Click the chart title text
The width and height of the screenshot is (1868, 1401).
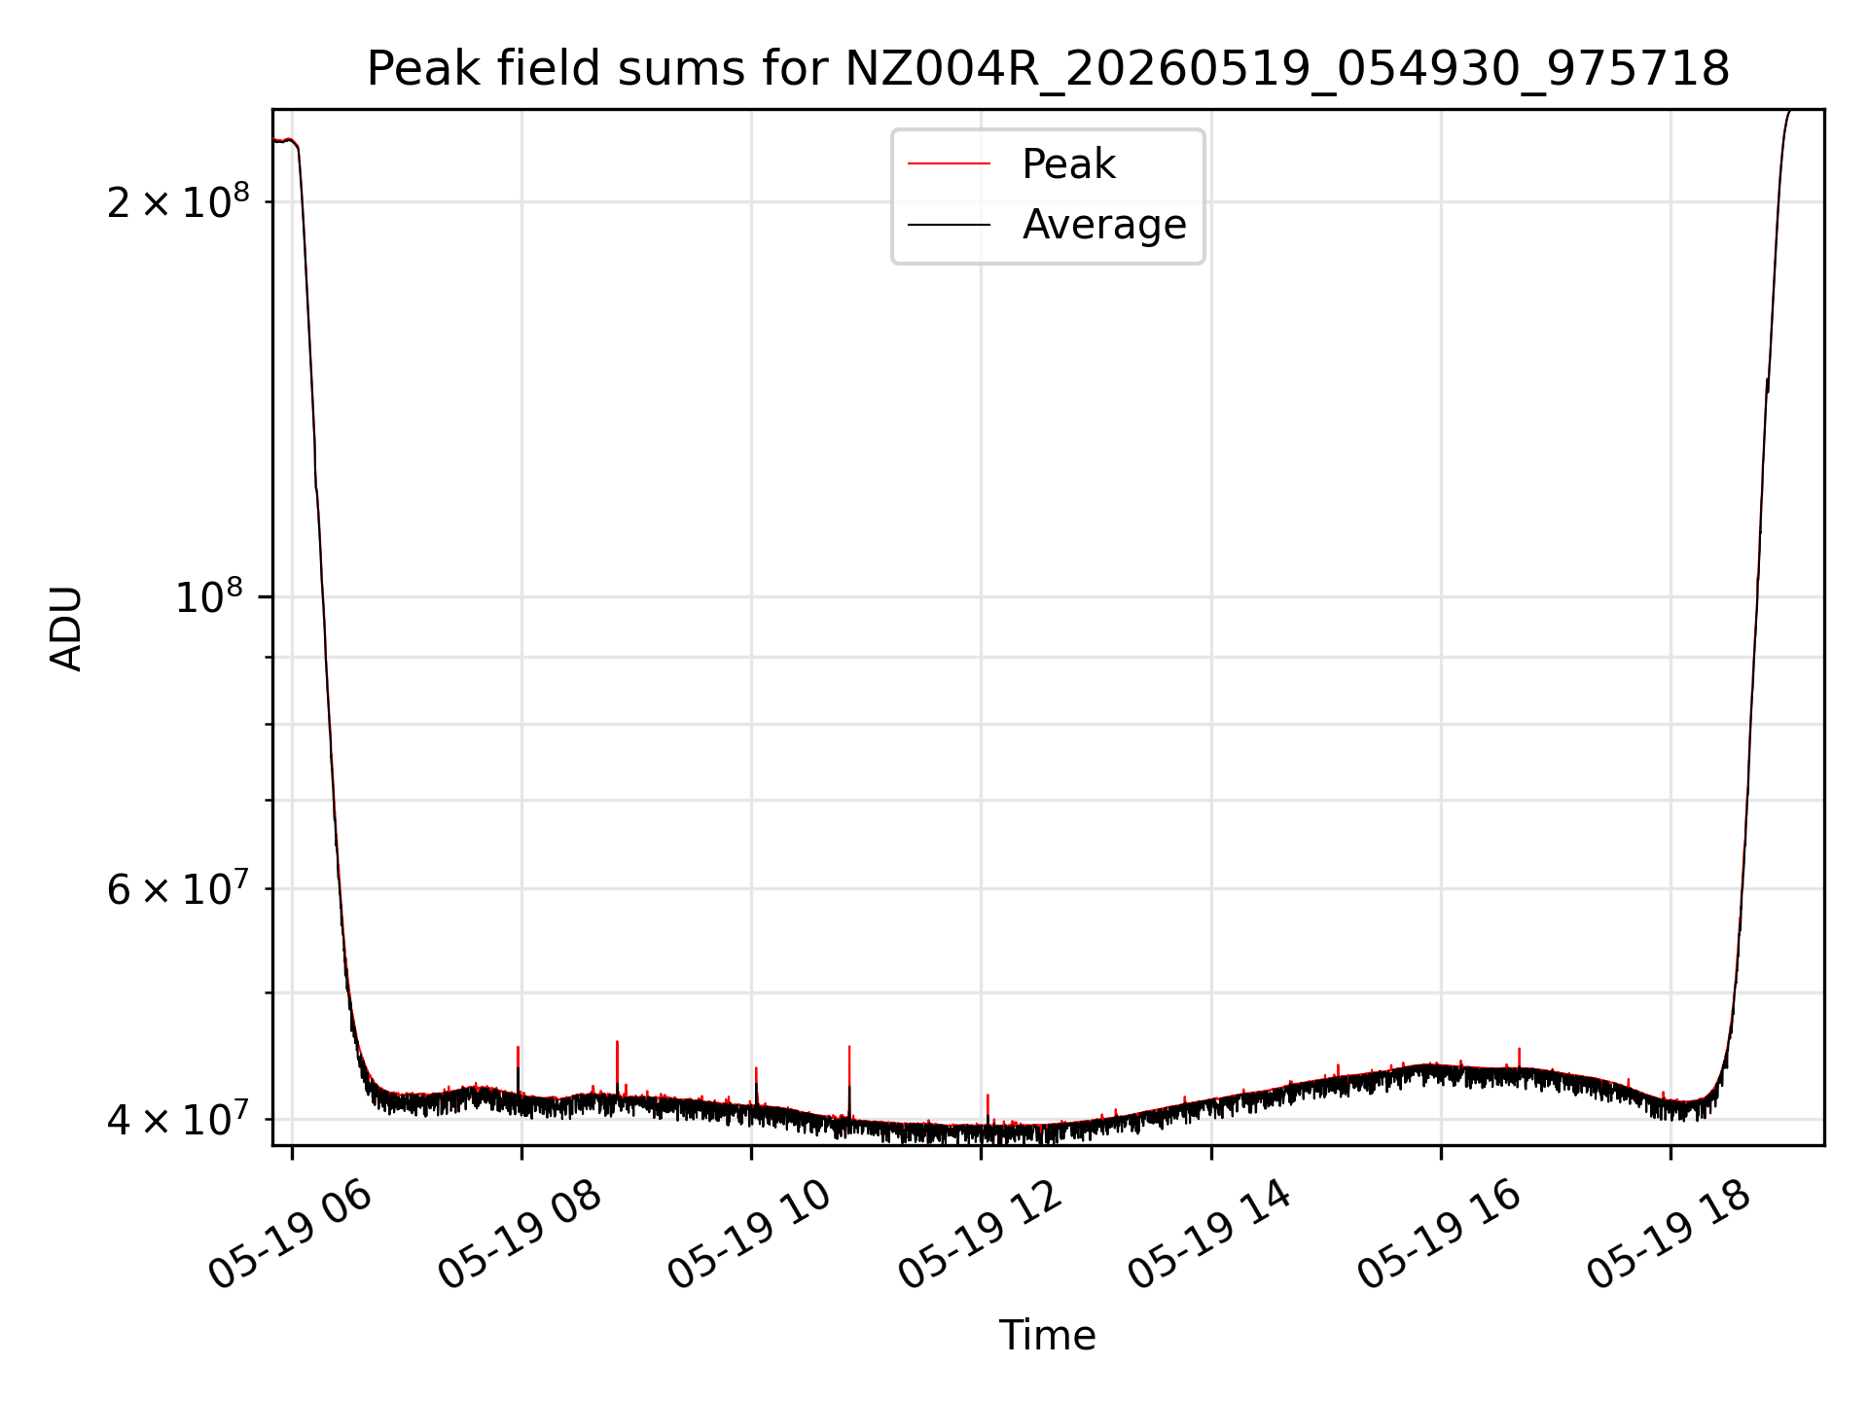click(x=1048, y=69)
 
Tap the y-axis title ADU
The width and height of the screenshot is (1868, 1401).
click(x=66, y=629)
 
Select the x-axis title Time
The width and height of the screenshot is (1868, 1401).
click(x=1048, y=1336)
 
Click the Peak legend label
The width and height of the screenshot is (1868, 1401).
click(x=1068, y=164)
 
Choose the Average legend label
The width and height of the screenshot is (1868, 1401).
click(x=1104, y=225)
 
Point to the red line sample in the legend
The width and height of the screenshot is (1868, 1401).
click(x=949, y=164)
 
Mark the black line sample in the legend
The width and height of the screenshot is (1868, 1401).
click(x=949, y=225)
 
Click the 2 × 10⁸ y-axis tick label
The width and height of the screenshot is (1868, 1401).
click(x=178, y=201)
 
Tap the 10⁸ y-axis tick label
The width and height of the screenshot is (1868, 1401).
click(x=212, y=595)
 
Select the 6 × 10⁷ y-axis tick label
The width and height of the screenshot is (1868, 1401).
click(x=178, y=887)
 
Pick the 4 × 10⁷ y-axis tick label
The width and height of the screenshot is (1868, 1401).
click(x=178, y=1119)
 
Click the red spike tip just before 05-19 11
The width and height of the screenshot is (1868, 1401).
click(x=849, y=1047)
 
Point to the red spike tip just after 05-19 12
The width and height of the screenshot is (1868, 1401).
click(x=988, y=1096)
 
